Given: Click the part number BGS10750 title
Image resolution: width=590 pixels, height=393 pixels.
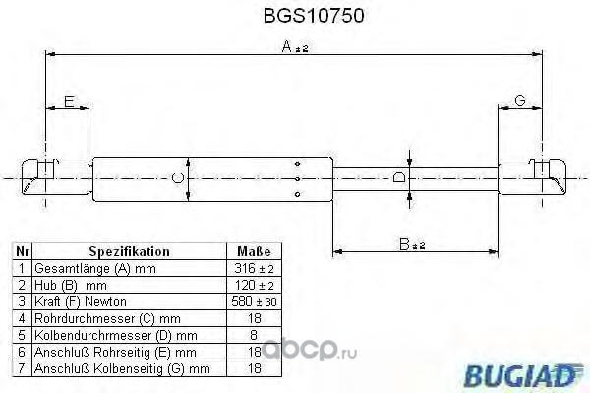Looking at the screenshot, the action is coord(314,16).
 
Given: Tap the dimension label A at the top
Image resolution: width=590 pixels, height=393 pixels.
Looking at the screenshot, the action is coord(287,46).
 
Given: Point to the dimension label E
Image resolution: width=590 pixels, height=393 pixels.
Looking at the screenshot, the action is coord(69,101).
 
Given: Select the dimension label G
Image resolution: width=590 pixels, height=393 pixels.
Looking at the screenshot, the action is coord(519,100).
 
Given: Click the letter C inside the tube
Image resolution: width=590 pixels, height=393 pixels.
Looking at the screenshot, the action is coord(177,178).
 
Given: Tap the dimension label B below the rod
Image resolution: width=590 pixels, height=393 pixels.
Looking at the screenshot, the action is coord(404,244).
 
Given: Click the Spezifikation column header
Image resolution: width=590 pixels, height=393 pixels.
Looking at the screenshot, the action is coord(129,251).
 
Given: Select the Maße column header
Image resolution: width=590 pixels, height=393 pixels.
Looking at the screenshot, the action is coord(254,251).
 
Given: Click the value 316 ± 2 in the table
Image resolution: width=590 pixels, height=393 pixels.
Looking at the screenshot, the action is coord(254,268).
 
